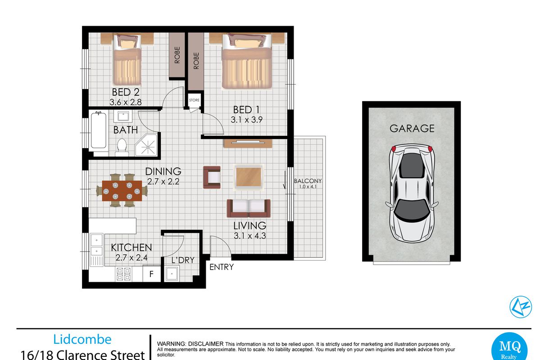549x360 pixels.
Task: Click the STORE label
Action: (194, 100)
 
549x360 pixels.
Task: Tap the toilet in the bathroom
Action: (122, 148)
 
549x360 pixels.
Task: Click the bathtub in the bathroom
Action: (99, 130)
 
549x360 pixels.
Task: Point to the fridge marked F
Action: (151, 274)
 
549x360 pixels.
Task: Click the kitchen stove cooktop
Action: (123, 274)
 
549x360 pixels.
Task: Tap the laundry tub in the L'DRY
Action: (172, 274)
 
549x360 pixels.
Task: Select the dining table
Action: (122, 191)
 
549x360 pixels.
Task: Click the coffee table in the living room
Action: (249, 177)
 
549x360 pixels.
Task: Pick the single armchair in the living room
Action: (212, 177)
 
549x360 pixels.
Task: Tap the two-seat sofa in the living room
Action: (249, 208)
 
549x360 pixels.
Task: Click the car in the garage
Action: (412, 193)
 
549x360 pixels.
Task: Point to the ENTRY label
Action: (221, 267)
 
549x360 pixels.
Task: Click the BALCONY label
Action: (308, 181)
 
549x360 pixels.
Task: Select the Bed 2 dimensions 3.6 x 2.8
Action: (126, 102)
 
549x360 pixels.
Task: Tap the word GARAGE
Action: (412, 129)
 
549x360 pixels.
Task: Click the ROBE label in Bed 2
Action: (177, 55)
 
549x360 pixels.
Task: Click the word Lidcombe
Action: (82, 339)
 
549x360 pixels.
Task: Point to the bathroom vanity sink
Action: (123, 116)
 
